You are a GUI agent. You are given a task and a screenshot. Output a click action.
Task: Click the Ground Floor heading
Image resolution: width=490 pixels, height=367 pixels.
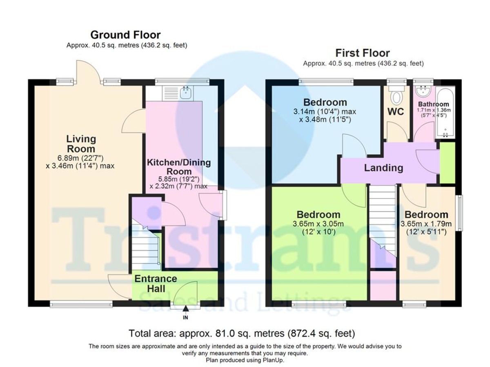pyautogui.click(x=125, y=35)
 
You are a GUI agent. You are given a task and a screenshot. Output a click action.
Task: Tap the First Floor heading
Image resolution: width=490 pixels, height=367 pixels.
pyautogui.click(x=363, y=53)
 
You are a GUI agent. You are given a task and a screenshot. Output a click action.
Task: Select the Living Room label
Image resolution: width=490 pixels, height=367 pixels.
pyautogui.click(x=81, y=144)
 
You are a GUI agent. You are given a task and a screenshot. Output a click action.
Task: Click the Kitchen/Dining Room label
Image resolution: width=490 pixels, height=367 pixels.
pyautogui.click(x=179, y=167)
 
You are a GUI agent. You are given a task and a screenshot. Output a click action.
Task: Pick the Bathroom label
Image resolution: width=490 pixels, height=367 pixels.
pyautogui.click(x=433, y=104)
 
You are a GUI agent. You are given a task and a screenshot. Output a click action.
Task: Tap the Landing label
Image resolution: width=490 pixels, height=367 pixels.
pyautogui.click(x=383, y=168)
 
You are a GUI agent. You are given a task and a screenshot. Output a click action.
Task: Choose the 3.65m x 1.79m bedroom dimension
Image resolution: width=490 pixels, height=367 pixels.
pyautogui.click(x=426, y=224)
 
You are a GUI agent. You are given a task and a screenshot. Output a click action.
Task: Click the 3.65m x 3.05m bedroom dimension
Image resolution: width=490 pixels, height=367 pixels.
pyautogui.click(x=318, y=224)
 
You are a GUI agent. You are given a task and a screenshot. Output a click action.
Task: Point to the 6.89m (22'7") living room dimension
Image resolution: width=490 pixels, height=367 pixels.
pyautogui.click(x=80, y=158)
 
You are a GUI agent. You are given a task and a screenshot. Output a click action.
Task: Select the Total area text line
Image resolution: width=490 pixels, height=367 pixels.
pyautogui.click(x=242, y=333)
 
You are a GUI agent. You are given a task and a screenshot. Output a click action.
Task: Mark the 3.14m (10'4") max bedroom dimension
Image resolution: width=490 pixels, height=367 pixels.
pyautogui.click(x=325, y=111)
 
